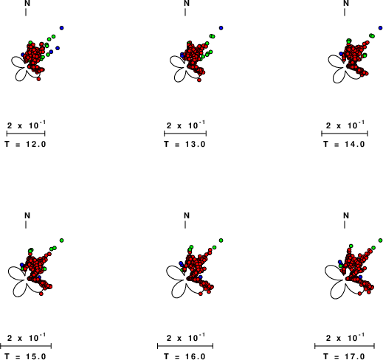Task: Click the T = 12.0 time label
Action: [25, 144]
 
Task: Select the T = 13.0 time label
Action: [184, 144]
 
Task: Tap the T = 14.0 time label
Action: [344, 144]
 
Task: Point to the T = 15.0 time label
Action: [25, 356]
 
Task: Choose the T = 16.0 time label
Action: [184, 356]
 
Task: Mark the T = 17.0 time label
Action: [344, 356]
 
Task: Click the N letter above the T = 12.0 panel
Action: [27, 3]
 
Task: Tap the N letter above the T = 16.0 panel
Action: [187, 215]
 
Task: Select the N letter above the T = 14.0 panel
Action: [346, 3]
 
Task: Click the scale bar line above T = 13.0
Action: [185, 134]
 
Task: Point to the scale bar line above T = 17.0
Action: [345, 346]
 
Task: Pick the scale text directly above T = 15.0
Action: [27, 338]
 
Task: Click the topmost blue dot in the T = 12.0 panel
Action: [61, 28]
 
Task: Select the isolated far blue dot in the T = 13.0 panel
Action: [221, 28]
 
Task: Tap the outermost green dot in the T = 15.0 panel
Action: [61, 240]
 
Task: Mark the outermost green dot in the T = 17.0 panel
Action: [380, 240]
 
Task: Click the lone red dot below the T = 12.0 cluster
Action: [38, 79]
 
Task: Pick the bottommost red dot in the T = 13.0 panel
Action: [199, 80]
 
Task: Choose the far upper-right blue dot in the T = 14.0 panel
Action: [380, 28]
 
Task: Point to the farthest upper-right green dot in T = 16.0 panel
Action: [221, 240]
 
